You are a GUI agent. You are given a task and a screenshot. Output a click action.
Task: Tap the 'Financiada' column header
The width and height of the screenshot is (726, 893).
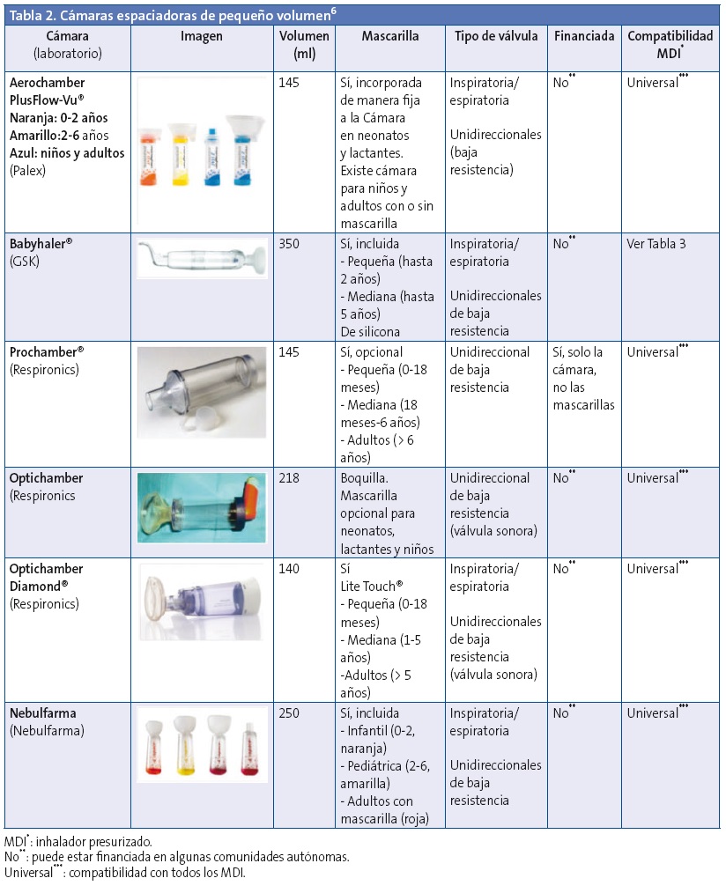point(582,36)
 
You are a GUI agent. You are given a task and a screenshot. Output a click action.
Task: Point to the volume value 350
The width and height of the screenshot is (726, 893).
point(292,244)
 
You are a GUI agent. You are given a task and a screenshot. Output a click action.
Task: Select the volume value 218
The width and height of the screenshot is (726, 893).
point(292,478)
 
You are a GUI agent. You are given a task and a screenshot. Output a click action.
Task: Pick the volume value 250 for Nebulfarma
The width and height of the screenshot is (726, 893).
point(292,712)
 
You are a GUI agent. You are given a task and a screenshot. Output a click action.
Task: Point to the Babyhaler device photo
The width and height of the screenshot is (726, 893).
point(203,260)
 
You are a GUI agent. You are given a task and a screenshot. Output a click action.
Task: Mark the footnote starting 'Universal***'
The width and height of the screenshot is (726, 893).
point(122,873)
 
